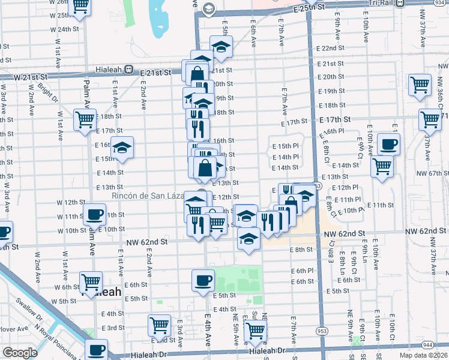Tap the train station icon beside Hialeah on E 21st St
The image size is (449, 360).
point(128,70)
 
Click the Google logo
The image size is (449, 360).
point(19,353)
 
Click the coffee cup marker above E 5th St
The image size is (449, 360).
point(203,280)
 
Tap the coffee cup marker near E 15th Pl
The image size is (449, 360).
point(388,145)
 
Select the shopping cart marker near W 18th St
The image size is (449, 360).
point(85,119)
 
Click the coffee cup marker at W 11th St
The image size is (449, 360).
point(95,214)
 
